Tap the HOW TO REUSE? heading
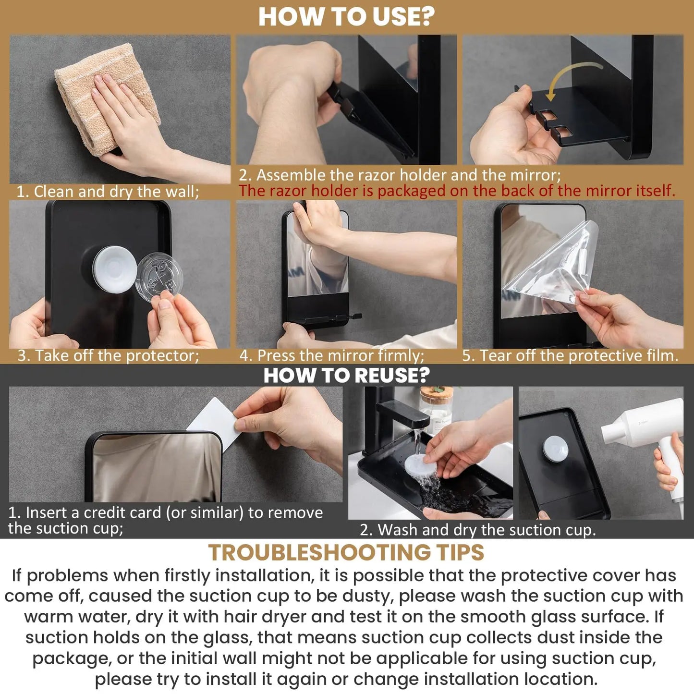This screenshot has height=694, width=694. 346,375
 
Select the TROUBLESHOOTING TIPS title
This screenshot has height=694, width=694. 346,552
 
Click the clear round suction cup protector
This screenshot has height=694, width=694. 159,278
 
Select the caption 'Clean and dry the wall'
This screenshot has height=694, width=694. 108,192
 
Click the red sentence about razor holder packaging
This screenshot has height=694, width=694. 457,191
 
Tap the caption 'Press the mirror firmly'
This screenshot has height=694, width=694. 332,355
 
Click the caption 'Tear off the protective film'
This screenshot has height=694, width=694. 570,355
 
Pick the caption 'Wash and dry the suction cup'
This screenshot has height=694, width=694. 478,530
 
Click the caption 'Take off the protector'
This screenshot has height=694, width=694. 109,355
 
